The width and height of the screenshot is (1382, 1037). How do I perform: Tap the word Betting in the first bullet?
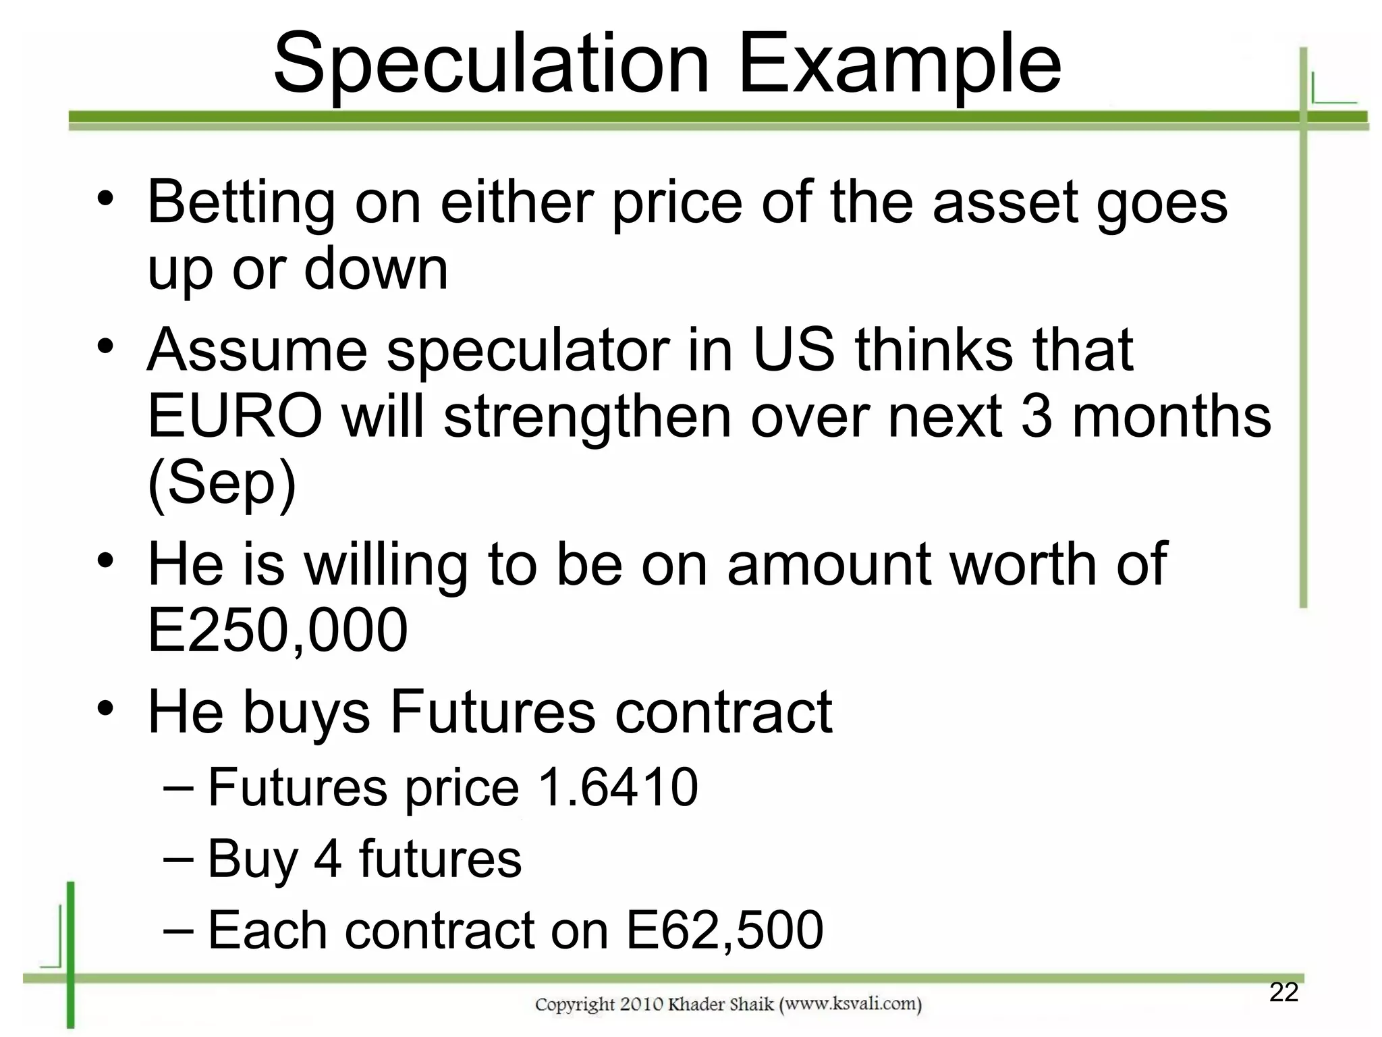(x=241, y=203)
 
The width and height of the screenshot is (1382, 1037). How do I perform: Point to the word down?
(x=376, y=269)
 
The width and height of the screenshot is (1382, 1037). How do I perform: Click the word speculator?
(x=528, y=351)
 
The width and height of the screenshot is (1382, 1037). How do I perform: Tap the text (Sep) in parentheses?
(x=222, y=483)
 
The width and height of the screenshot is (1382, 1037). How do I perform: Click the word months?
(x=1171, y=417)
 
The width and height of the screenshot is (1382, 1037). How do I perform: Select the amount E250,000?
(x=277, y=630)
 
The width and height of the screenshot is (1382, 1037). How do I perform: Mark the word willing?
(x=386, y=565)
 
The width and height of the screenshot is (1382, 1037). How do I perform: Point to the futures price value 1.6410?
(x=618, y=787)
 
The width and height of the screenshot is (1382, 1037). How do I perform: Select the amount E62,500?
(x=725, y=930)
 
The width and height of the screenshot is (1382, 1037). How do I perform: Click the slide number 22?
(x=1283, y=992)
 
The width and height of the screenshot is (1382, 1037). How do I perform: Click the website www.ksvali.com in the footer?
(x=850, y=1005)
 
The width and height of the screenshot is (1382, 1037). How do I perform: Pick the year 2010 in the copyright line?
(x=642, y=1005)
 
